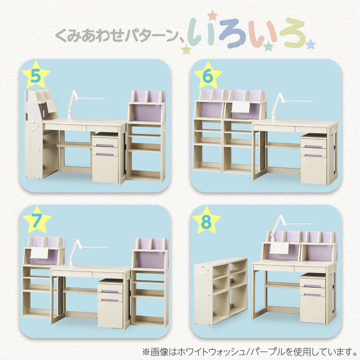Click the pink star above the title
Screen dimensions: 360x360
click(x=212, y=15)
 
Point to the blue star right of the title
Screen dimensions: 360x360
click(x=311, y=44)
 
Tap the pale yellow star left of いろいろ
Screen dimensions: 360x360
click(x=186, y=49)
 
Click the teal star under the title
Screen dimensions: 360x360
click(x=268, y=46)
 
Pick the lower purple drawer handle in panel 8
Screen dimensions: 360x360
click(x=312, y=295)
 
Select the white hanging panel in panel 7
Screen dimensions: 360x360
click(x=39, y=253)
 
